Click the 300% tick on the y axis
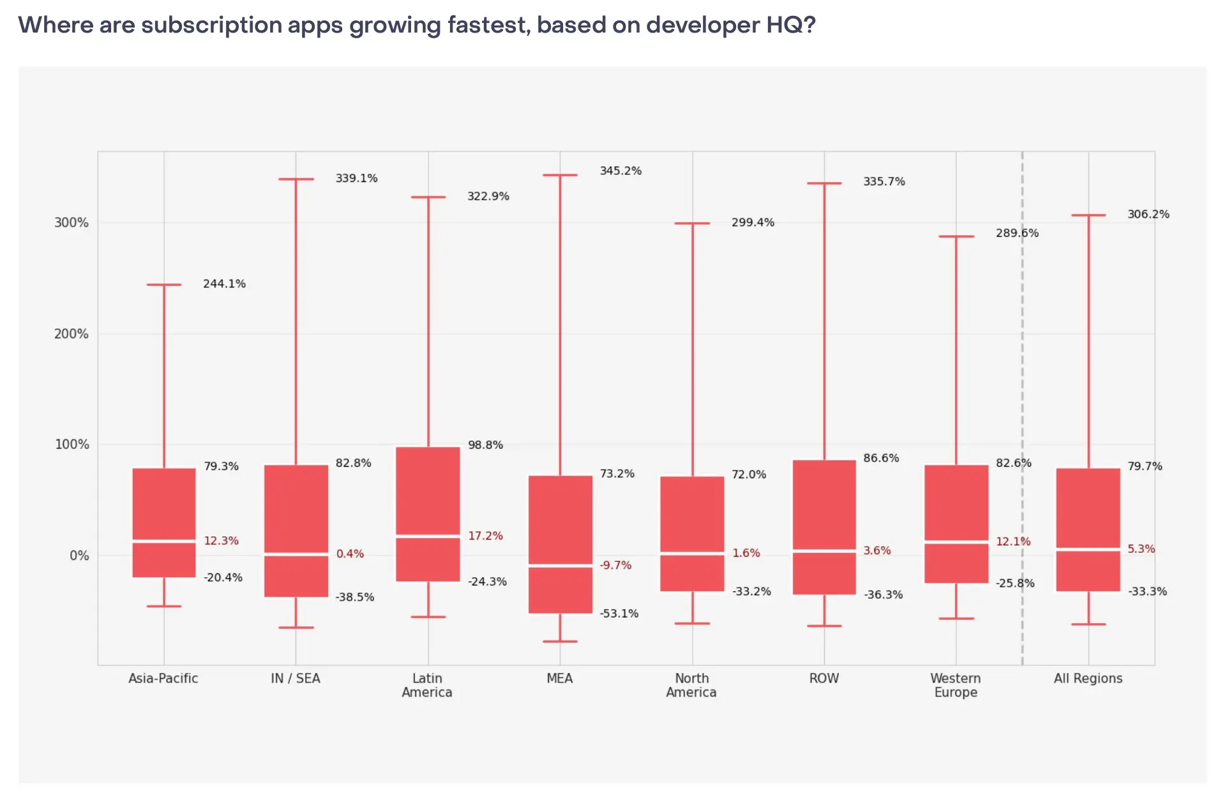pyautogui.click(x=72, y=223)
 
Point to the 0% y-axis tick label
pyautogui.click(x=79, y=555)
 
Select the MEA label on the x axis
pyautogui.click(x=559, y=678)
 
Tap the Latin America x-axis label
pyautogui.click(x=427, y=685)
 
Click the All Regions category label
pyautogui.click(x=1088, y=678)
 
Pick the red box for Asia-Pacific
pyautogui.click(x=164, y=504)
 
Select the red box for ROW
pyautogui.click(x=824, y=504)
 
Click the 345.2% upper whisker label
pyautogui.click(x=621, y=171)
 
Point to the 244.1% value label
pyautogui.click(x=224, y=283)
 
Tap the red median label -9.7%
pyautogui.click(x=615, y=565)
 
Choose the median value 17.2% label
pyautogui.click(x=485, y=536)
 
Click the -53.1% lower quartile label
pyautogui.click(x=619, y=614)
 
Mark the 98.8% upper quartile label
pyautogui.click(x=485, y=445)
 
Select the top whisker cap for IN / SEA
pyautogui.click(x=296, y=179)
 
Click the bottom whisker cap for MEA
pyautogui.click(x=560, y=641)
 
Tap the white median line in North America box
pyautogui.click(x=692, y=554)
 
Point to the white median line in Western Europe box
pyautogui.click(x=956, y=542)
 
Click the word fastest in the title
pyautogui.click(x=488, y=25)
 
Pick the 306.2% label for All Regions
pyautogui.click(x=1148, y=215)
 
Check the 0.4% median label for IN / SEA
pyautogui.click(x=350, y=554)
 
